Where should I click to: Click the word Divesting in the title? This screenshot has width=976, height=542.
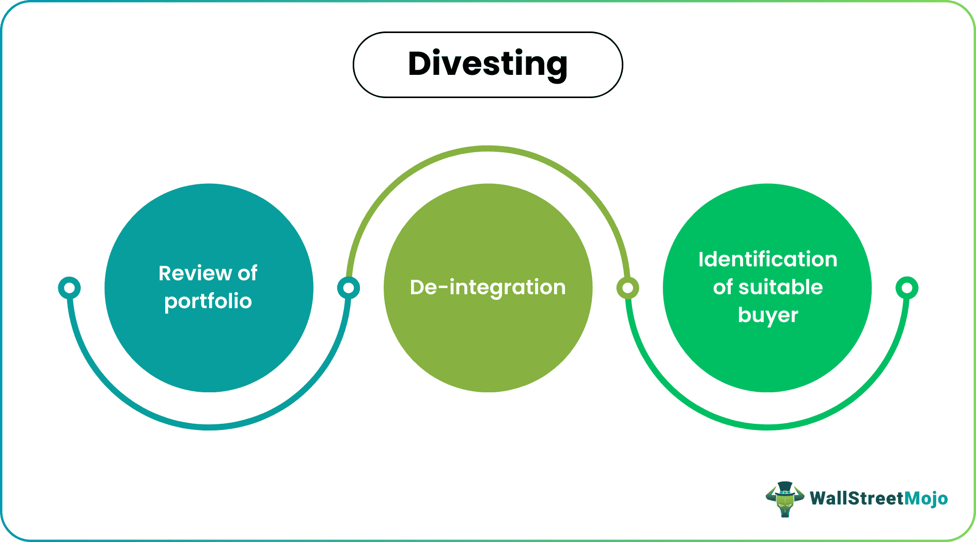487,64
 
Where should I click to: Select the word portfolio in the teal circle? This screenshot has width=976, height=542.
208,301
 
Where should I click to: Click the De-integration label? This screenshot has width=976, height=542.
487,288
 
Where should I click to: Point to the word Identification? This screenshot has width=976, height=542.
767,259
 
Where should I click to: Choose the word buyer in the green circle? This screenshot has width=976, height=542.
768,315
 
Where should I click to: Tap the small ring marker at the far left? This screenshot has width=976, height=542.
69,288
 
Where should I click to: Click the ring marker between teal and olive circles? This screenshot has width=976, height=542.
349,288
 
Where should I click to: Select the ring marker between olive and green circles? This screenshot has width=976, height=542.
627,288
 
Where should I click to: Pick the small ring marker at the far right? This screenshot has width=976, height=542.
907,288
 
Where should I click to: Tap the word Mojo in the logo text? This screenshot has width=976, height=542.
926,498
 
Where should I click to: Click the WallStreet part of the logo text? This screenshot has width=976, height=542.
857,498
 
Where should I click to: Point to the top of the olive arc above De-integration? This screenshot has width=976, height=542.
488,149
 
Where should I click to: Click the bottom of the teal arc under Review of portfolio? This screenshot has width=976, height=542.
209,427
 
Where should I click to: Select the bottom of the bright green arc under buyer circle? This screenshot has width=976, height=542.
767,427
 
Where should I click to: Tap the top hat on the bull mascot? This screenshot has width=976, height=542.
785,487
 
